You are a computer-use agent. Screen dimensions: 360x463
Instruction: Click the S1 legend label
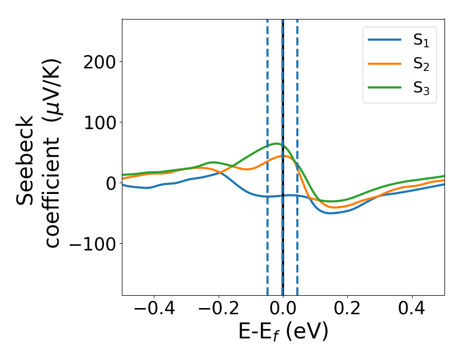click(421, 42)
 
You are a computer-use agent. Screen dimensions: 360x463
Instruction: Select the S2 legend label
click(421, 65)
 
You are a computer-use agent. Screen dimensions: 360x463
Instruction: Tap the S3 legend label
click(421, 88)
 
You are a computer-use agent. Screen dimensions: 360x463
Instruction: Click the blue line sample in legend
click(384, 40)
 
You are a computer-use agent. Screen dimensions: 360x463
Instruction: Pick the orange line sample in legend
click(384, 63)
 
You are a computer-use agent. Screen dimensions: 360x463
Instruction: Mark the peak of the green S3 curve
click(276, 143)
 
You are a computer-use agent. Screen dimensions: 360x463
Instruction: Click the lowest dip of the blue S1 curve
click(331, 213)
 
